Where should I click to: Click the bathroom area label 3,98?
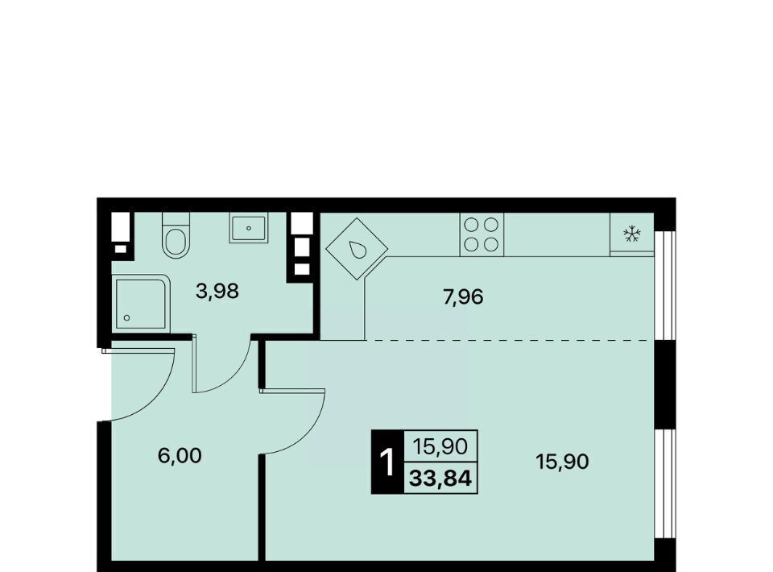pyautogui.click(x=217, y=292)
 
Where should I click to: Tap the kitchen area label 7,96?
pyautogui.click(x=463, y=297)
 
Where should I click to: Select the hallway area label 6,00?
pyautogui.click(x=180, y=456)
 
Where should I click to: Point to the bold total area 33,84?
pyautogui.click(x=440, y=479)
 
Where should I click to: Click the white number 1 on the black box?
pyautogui.click(x=388, y=462)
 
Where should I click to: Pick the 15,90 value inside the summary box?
pyautogui.click(x=440, y=447)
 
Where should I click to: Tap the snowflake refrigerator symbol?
pyautogui.click(x=631, y=234)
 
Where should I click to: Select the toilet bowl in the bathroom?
pyautogui.click(x=176, y=241)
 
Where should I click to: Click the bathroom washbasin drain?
pyautogui.click(x=249, y=228)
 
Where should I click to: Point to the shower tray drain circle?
pyautogui.click(x=126, y=318)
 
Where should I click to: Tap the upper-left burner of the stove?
pyautogui.click(x=472, y=225)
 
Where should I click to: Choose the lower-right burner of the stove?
pyautogui.click(x=491, y=243)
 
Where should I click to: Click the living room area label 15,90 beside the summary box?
pyautogui.click(x=562, y=462)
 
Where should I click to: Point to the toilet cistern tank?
pyautogui.click(x=176, y=219)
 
